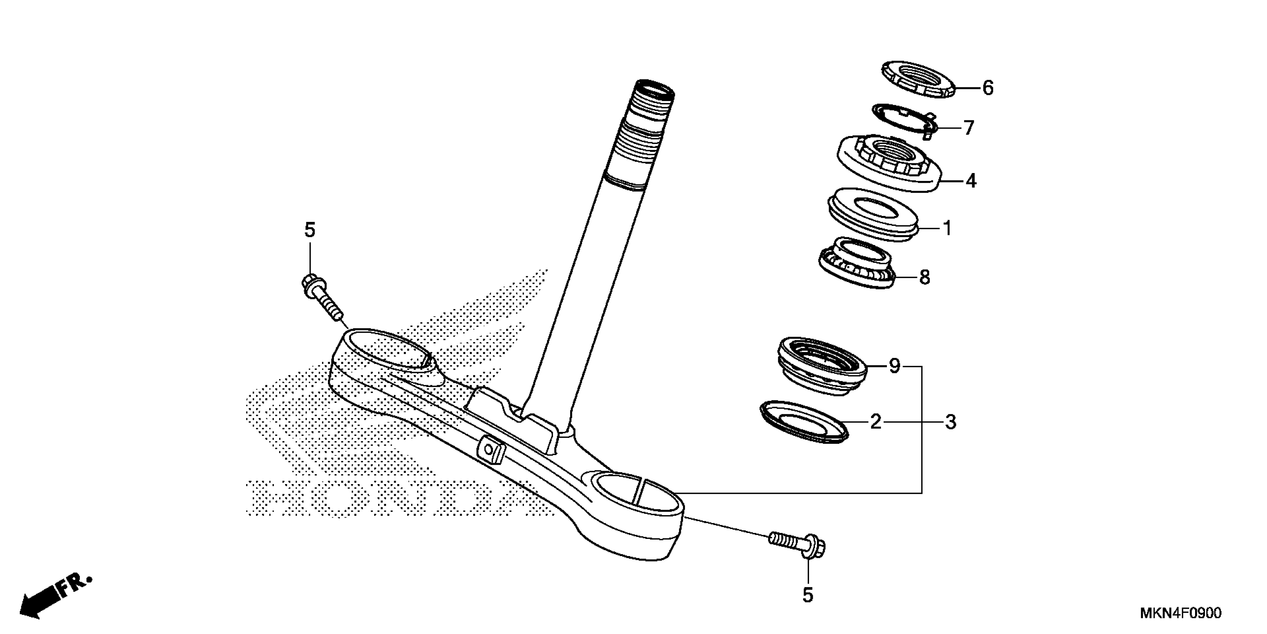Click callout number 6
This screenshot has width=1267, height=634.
(x=988, y=88)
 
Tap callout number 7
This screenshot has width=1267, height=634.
(x=969, y=128)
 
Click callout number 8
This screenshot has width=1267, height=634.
(x=925, y=277)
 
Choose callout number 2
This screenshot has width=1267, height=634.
(x=875, y=422)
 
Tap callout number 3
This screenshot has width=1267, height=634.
(x=950, y=422)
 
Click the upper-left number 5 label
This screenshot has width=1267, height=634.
(x=309, y=230)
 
